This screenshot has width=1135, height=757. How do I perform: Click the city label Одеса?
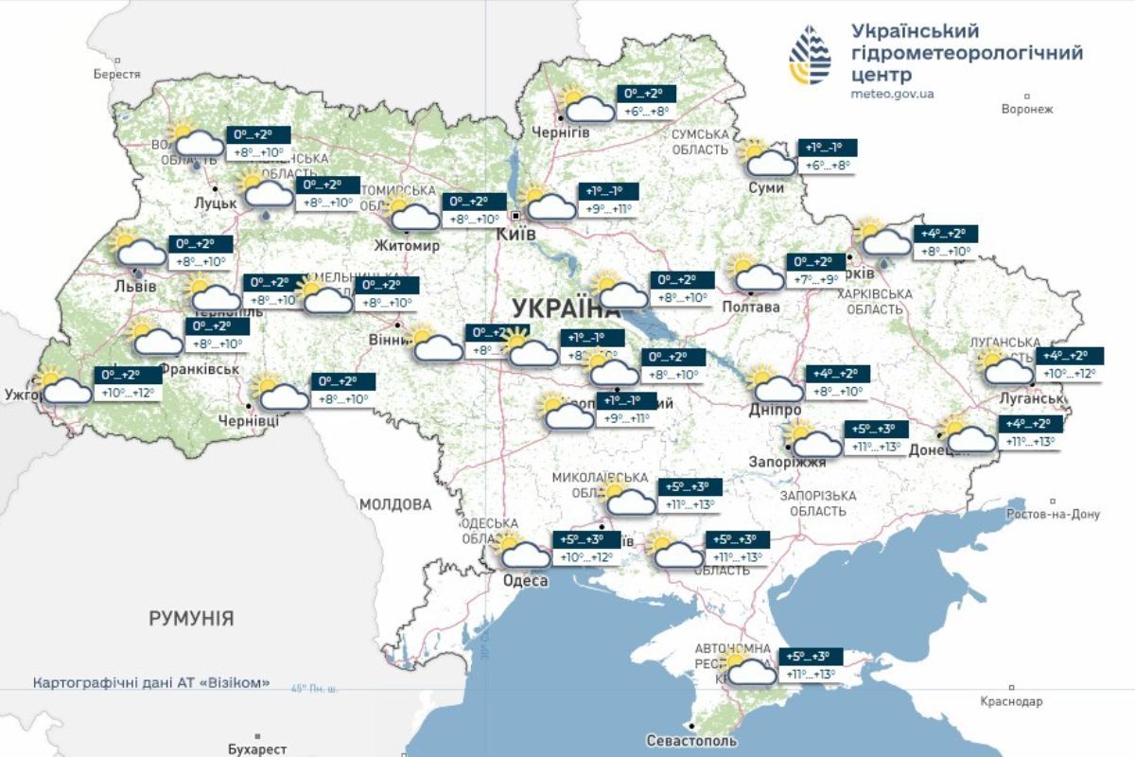(526, 580)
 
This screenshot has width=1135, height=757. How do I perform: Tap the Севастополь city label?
(693, 740)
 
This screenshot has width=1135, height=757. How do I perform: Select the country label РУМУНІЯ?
(191, 618)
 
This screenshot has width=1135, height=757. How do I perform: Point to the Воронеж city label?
(1026, 109)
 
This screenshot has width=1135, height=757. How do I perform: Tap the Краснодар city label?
(1012, 701)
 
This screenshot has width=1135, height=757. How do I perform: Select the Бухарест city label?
(257, 748)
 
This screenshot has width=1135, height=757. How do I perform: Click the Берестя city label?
(117, 74)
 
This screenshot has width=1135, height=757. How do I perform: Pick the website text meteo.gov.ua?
(892, 94)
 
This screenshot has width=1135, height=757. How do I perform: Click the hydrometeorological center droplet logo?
(811, 55)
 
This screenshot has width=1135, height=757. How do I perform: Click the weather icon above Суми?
(767, 158)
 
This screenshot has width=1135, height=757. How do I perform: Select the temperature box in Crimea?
(811, 666)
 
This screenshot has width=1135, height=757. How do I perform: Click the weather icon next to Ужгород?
(62, 386)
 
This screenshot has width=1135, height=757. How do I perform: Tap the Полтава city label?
(751, 307)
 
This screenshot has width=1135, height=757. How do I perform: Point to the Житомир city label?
(408, 246)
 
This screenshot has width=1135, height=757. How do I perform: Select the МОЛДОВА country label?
(395, 504)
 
